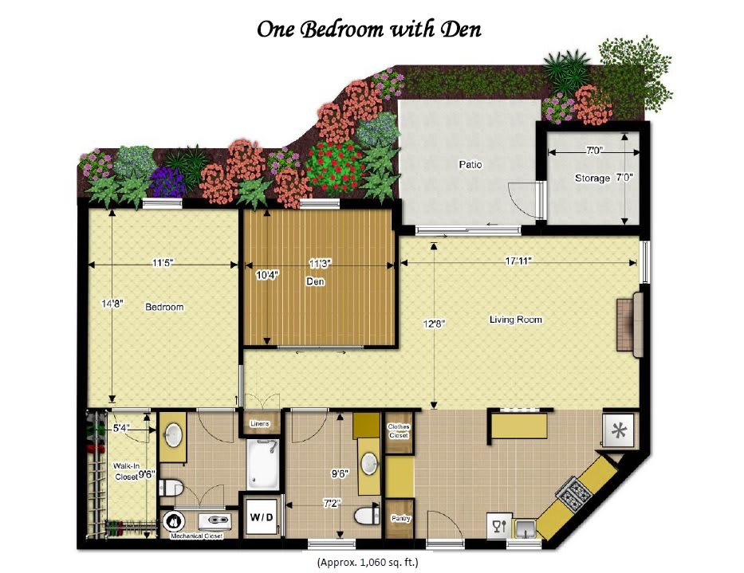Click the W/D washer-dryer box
coord(262,516)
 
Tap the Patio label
coord(470,165)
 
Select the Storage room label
coord(592,179)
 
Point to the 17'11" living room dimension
coord(518,261)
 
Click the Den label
coord(315,281)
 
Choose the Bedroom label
coord(164,307)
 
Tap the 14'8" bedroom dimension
coord(112,304)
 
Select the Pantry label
coord(400,519)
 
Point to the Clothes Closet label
coord(399,430)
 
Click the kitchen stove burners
coord(574,492)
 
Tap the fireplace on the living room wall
coord(630,324)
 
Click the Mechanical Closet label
coord(196,536)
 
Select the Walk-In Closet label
coord(127,472)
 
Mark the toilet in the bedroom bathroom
coord(171,487)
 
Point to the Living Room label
coord(515,320)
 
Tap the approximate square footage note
coord(368,563)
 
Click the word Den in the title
coord(461,29)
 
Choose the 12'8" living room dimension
coord(434,324)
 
